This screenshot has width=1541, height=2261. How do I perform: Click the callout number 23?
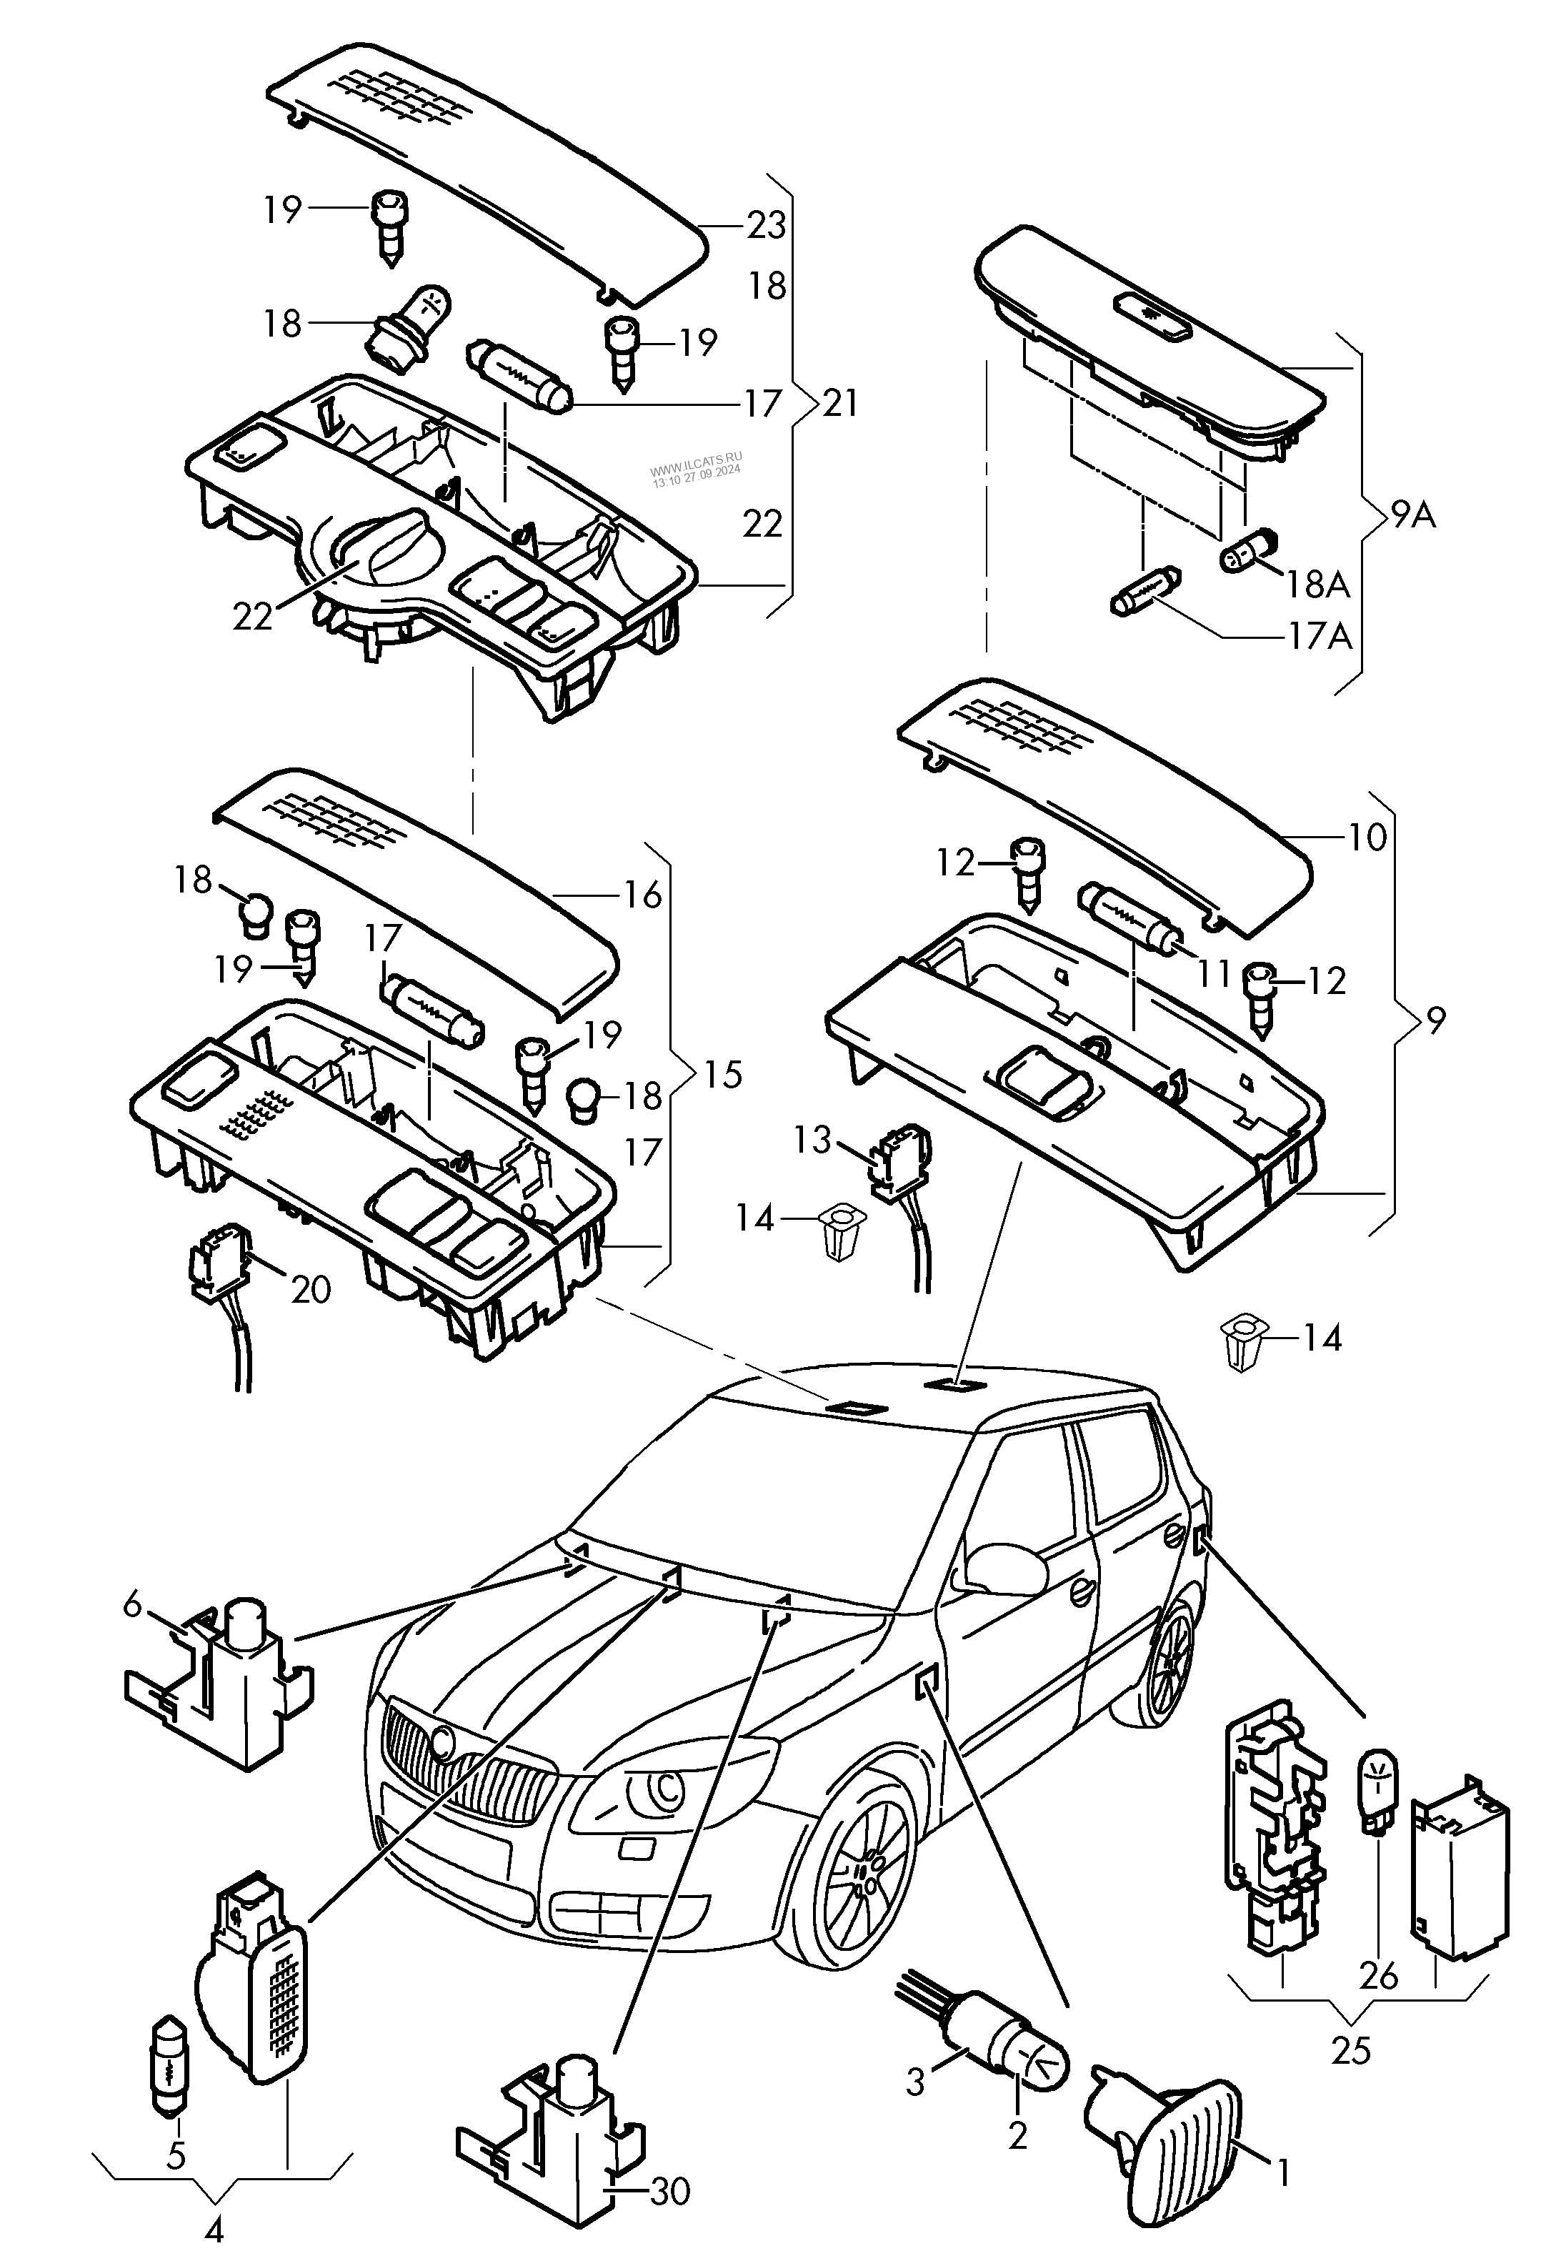(766, 226)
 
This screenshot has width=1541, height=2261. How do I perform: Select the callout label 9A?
(1412, 515)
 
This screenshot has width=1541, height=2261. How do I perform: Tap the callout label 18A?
(1318, 584)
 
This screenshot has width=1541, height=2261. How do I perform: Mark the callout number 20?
(311, 1290)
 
